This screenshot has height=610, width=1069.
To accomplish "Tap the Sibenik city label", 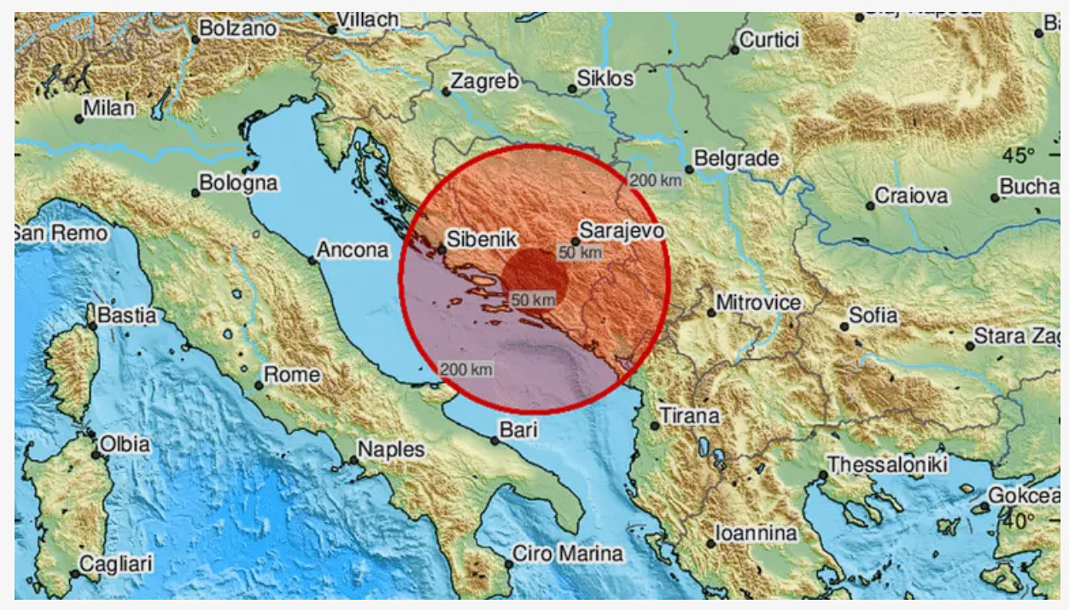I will [x=485, y=240].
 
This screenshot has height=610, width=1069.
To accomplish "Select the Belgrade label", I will [x=736, y=159].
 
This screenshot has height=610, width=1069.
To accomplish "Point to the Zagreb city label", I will [x=484, y=82].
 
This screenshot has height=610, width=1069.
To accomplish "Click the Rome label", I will [x=292, y=375].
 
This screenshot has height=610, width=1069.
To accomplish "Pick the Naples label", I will [x=390, y=450].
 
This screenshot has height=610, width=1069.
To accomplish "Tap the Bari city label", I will [x=518, y=431].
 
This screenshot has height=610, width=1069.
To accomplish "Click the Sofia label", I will [x=873, y=316].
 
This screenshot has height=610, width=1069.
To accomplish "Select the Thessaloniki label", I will [x=888, y=465].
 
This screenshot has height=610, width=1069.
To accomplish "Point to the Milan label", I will [x=109, y=108].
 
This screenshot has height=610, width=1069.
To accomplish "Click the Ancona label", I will [x=353, y=250].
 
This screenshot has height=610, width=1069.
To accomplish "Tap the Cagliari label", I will [x=115, y=563].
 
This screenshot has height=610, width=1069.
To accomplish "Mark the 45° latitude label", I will [x=1019, y=156].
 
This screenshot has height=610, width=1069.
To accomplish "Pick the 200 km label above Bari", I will [x=466, y=369].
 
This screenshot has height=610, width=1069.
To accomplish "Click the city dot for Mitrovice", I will [x=711, y=313].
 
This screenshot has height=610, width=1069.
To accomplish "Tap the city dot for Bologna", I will [x=196, y=193].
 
